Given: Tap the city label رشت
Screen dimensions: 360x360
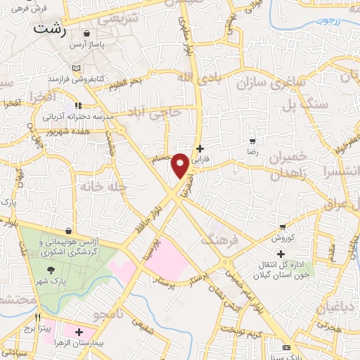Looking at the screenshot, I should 50,30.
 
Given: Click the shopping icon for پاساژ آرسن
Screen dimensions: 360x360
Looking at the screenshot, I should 86,33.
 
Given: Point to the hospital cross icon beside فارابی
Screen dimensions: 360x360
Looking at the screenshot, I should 202,148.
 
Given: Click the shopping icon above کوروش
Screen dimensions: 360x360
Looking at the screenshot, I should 283,227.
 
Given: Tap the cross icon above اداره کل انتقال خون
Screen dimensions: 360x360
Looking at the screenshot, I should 281,254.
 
